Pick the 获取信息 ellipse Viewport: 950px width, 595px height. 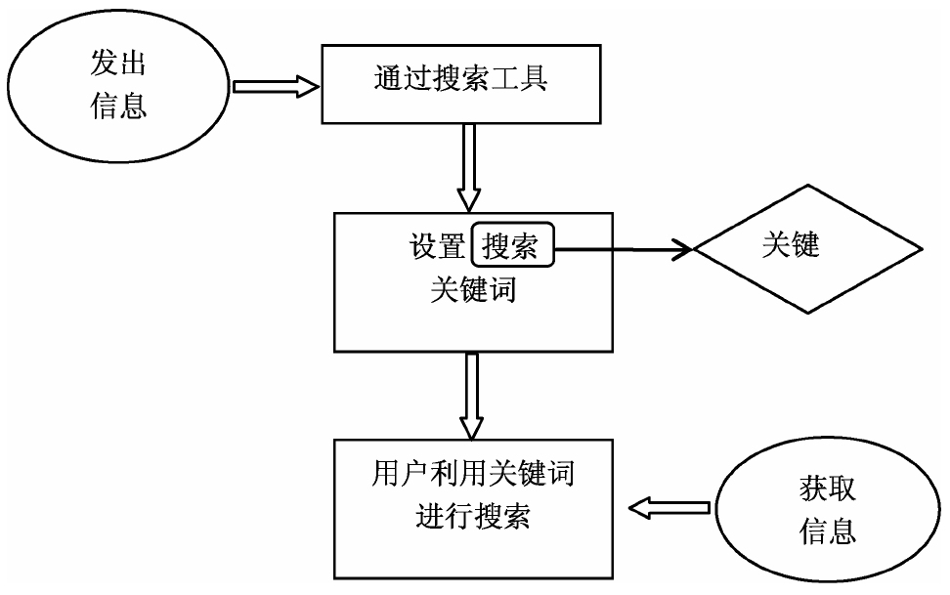(x=829, y=511)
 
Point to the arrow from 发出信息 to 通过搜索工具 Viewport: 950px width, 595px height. (x=278, y=87)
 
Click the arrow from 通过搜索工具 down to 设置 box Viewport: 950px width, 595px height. (x=469, y=167)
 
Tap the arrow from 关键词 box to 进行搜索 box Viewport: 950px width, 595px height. (x=473, y=396)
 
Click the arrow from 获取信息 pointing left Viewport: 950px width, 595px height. (x=669, y=507)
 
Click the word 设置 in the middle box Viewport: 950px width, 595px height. (x=437, y=246)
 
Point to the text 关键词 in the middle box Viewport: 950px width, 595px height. (x=473, y=289)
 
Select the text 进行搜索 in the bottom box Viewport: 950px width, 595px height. (x=473, y=515)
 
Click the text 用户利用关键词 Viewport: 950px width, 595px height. (x=473, y=475)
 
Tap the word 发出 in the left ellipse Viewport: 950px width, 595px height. (x=118, y=66)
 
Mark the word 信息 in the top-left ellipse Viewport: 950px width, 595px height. (x=118, y=106)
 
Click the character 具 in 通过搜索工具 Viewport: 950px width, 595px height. (x=533, y=79)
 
